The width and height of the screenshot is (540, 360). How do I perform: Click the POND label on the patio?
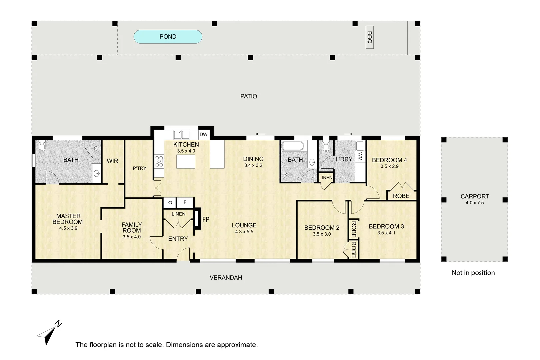click(168, 37)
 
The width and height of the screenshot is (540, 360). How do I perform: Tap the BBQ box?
click(370, 37)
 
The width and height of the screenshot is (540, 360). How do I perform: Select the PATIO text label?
click(249, 96)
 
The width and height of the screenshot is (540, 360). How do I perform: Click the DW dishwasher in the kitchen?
click(203, 135)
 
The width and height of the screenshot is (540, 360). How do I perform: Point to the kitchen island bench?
click(186, 162)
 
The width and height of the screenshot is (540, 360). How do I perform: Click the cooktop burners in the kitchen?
click(159, 161)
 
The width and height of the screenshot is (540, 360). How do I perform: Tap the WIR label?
click(112, 161)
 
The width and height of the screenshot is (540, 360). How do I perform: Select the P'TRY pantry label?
click(140, 168)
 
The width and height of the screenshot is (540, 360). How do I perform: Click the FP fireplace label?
click(206, 219)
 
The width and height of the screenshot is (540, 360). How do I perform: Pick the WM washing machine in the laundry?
click(360, 156)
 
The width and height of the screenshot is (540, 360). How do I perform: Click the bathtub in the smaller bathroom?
click(293, 146)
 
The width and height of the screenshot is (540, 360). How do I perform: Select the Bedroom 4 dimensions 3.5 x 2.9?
click(389, 166)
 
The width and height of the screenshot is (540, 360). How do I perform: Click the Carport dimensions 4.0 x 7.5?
click(475, 203)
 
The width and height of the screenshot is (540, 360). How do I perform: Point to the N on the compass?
click(58, 324)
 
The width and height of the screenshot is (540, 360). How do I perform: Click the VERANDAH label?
click(226, 278)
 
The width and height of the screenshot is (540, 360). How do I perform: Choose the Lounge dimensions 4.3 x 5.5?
click(244, 232)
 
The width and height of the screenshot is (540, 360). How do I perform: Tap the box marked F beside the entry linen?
click(185, 203)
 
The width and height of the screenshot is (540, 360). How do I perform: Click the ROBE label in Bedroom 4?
click(401, 196)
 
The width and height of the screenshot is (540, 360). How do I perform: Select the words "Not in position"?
click(473, 273)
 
